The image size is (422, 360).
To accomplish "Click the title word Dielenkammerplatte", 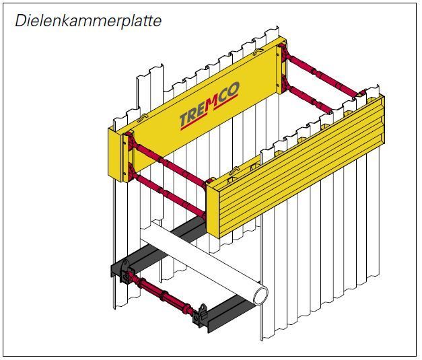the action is coord(88,21).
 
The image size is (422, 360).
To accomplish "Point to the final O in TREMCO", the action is coord(233,90).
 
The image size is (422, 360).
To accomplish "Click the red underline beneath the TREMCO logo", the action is coord(209,112).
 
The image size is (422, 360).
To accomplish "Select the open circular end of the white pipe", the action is coord(260,296).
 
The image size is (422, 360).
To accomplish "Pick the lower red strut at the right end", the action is coord(310,98).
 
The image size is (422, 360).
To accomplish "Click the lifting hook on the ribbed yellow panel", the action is coord(235,170).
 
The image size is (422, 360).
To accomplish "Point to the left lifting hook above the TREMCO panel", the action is coord(143,117).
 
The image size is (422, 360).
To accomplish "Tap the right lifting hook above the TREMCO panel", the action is coord(259,51).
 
